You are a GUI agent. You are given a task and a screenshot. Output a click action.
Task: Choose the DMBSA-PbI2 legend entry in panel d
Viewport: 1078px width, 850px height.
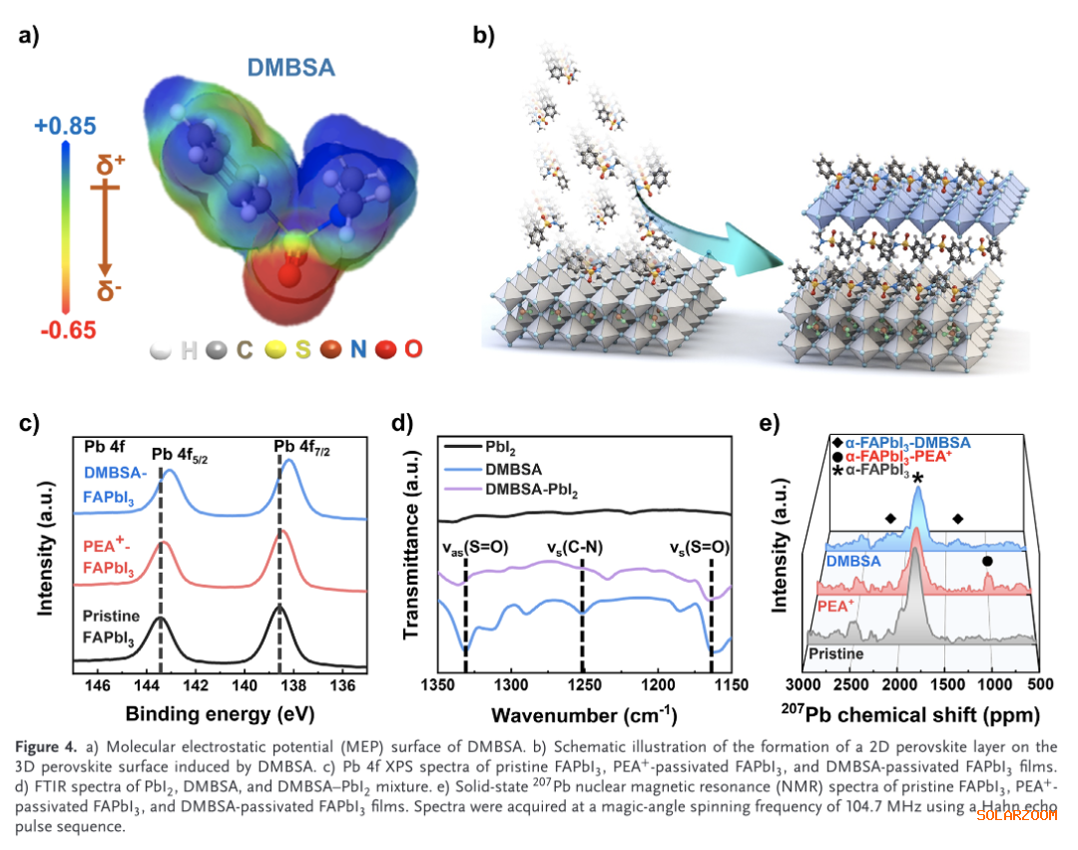(537, 490)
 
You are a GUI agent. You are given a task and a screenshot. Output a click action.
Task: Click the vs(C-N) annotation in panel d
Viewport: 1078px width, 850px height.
(574, 548)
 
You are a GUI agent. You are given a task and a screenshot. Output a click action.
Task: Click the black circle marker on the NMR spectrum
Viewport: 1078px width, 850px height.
(987, 561)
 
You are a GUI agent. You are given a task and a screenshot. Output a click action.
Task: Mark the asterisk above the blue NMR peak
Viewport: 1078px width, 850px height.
(916, 479)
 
